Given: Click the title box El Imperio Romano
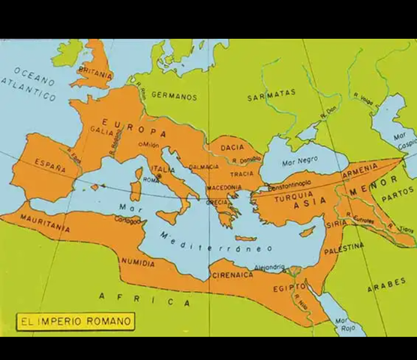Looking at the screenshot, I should (x=75, y=322).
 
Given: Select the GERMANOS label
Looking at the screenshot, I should (x=174, y=97).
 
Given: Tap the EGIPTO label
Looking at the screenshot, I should (x=289, y=287).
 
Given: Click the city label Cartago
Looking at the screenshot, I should (x=127, y=221).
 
